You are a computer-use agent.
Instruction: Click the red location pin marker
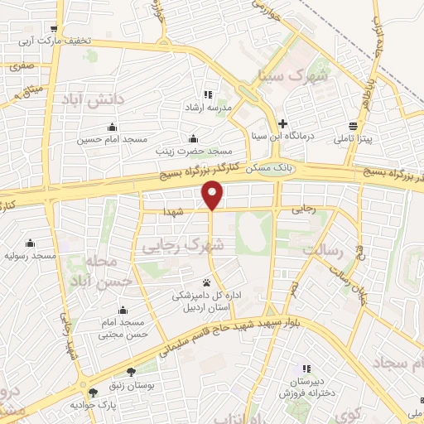tap(213, 195)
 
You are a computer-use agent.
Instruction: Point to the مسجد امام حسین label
tap(105, 140)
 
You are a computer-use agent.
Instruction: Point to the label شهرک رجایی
tap(183, 245)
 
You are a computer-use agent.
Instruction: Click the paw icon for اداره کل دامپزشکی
tap(207, 282)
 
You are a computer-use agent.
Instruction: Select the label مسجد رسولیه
tap(30, 256)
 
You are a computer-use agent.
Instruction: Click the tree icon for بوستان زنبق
tap(130, 372)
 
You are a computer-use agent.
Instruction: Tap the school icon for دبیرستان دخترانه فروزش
tap(306, 369)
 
